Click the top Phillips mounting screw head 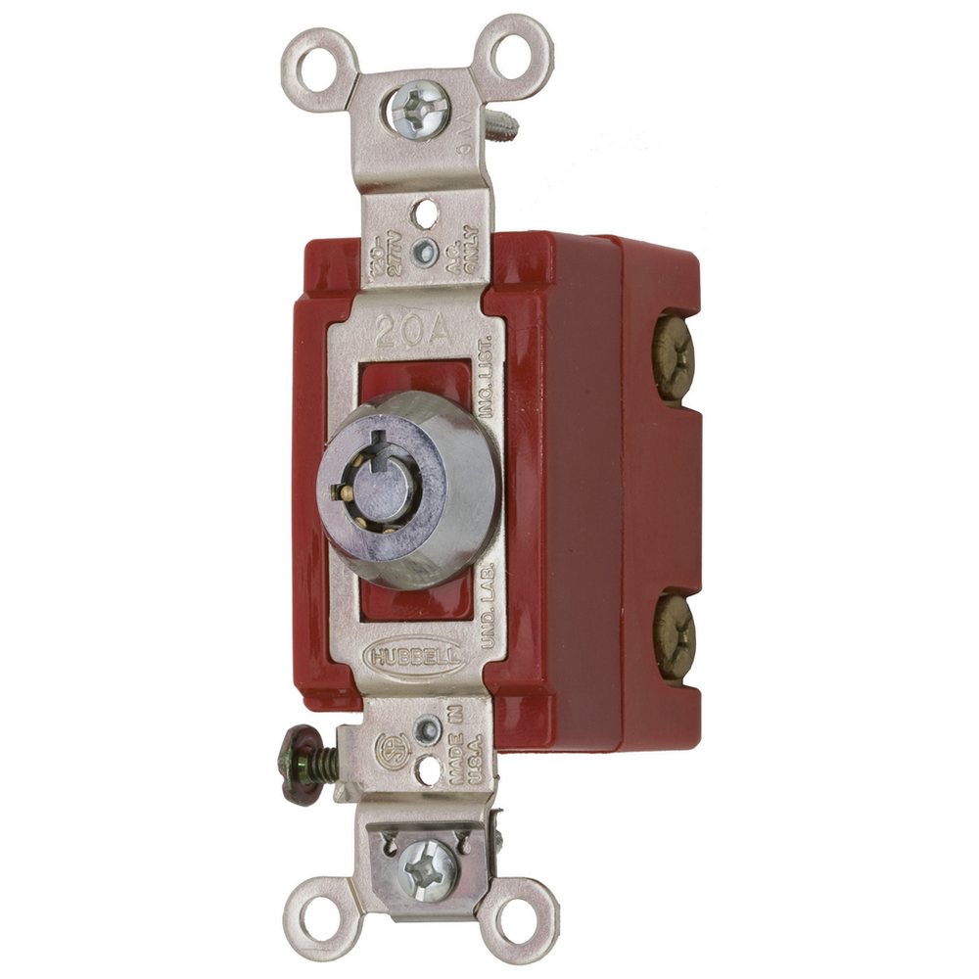[x=419, y=111]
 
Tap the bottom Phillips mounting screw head [x=428, y=867]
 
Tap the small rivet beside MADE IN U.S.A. [x=426, y=730]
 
